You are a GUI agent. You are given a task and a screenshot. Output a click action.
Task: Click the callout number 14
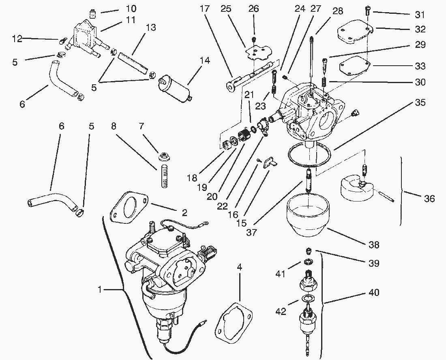(205, 60)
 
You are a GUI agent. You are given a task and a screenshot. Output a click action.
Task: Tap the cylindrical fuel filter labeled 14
(174, 85)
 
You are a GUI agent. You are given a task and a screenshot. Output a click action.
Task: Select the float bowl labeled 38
(309, 215)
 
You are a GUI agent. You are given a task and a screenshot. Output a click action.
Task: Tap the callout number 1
(100, 290)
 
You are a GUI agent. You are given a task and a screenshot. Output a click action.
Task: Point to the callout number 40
(374, 292)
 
